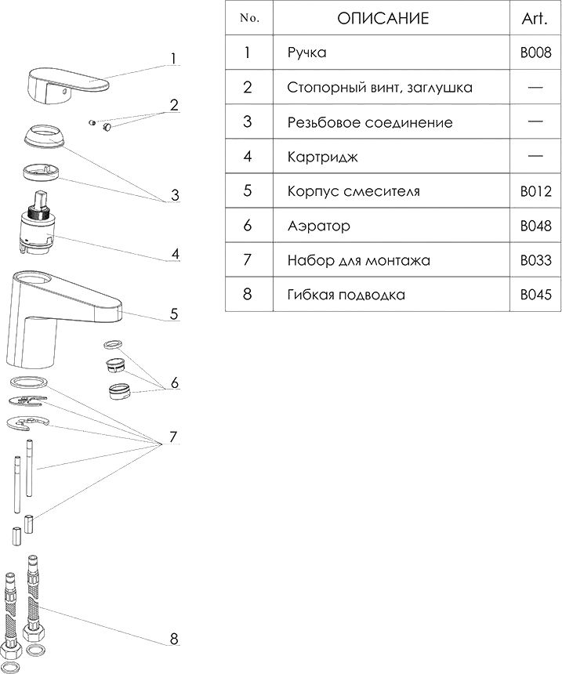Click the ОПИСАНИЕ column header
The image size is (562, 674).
coord(383,19)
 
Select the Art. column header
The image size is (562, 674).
coord(535,19)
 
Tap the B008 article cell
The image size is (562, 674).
coord(535,53)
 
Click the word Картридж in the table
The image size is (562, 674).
coord(322,157)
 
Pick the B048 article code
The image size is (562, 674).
coord(535,225)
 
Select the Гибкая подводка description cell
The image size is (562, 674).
coord(346,295)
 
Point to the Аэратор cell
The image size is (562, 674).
coord(319,225)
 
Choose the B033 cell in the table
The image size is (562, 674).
coord(535,259)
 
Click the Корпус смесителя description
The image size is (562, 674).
coord(354,191)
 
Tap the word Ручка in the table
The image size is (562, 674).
coord(306,53)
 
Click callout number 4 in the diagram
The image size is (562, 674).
coord(175,254)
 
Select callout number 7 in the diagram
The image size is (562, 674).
coord(173,437)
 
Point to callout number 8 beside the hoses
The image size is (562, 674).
coord(174,638)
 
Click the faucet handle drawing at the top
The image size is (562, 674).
coord(67,85)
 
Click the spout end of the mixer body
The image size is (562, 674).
coord(114,310)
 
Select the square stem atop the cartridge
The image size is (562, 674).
coord(42,198)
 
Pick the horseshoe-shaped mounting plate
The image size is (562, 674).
coord(28,422)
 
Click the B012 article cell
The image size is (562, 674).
coord(535,191)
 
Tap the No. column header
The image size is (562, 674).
coord(249,18)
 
